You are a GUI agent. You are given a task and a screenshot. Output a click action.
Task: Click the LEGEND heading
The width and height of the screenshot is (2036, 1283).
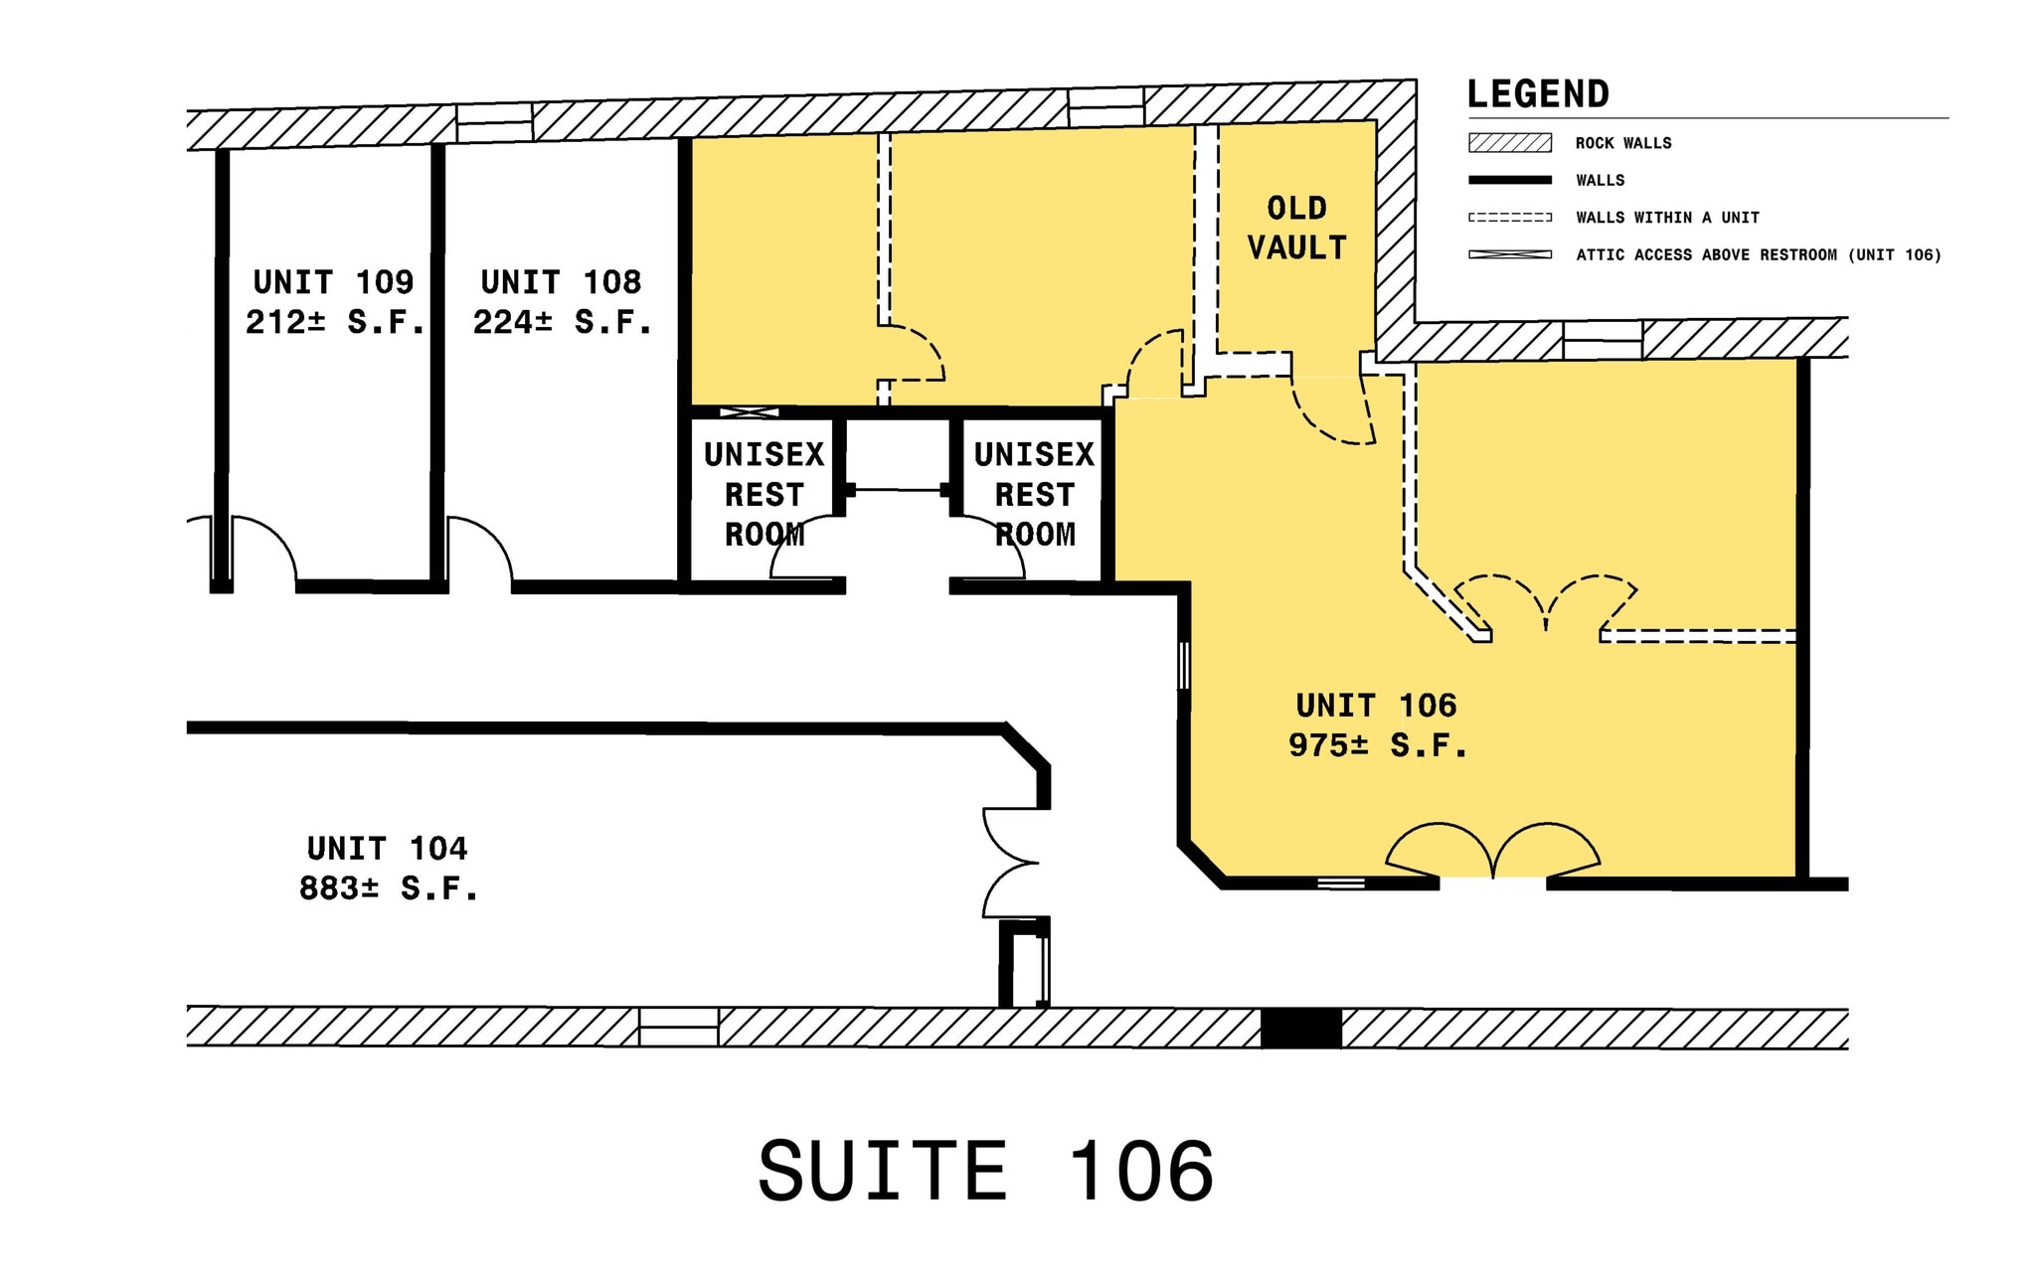tap(1538, 94)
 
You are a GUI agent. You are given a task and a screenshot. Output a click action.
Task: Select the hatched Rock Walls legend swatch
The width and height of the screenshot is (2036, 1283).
tap(1510, 143)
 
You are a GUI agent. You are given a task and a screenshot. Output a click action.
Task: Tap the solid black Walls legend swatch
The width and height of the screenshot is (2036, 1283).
tap(1510, 180)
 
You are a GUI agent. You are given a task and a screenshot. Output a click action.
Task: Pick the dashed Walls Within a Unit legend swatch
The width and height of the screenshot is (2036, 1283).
tap(1510, 217)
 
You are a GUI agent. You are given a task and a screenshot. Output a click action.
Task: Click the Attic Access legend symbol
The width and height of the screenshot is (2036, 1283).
tap(1510, 254)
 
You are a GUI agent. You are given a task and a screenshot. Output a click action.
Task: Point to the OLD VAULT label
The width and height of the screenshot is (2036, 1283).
tap(1296, 228)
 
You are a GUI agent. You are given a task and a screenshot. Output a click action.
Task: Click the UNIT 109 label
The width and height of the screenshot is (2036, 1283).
tap(333, 282)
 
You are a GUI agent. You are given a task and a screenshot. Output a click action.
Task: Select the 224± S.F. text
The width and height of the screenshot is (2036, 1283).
tap(562, 322)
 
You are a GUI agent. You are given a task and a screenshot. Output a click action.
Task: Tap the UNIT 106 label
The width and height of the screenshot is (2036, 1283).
tap(1376, 706)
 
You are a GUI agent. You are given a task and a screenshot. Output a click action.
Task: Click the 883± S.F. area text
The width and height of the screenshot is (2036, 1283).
tap(389, 887)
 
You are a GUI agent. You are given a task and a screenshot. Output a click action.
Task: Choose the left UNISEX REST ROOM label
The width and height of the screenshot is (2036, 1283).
tap(763, 494)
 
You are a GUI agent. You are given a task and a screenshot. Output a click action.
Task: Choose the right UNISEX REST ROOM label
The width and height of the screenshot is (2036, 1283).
tap(1034, 494)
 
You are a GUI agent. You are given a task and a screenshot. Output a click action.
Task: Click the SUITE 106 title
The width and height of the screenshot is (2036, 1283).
tap(985, 1171)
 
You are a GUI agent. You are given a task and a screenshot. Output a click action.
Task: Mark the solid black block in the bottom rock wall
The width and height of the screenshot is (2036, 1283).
tap(1300, 1028)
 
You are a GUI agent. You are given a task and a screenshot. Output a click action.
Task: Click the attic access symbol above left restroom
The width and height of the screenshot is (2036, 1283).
tap(749, 411)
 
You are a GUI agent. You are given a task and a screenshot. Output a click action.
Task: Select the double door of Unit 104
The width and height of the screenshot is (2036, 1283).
tap(1011, 863)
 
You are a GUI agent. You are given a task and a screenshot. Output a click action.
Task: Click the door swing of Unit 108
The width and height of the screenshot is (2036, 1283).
tap(479, 552)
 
